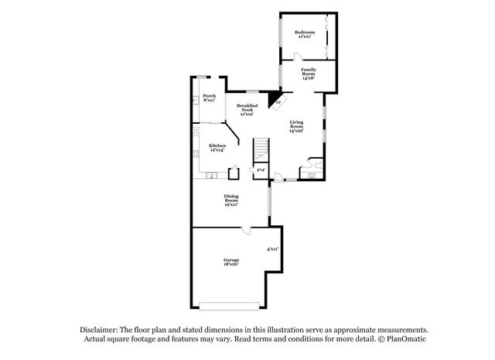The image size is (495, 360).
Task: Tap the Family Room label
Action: (308, 74)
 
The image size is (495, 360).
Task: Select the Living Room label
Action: (296, 127)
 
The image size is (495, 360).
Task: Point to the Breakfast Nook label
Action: (247, 109)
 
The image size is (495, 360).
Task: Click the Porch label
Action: (209, 98)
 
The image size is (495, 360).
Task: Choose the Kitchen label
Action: (217, 147)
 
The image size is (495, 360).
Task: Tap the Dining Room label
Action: (230, 200)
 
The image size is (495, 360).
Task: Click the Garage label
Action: (231, 261)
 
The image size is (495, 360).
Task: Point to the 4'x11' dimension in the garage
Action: (271, 249)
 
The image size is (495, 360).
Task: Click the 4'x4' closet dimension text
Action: (261, 170)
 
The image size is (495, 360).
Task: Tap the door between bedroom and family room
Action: (299, 57)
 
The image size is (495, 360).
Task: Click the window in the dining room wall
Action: (269, 202)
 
